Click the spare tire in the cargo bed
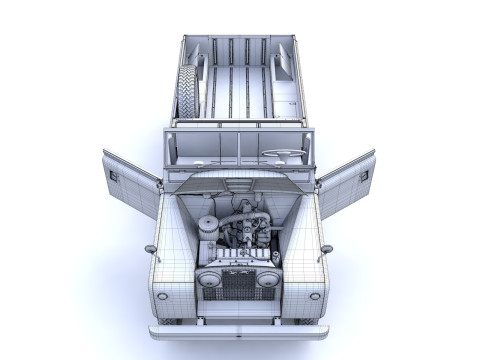[188, 91]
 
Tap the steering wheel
[284, 154]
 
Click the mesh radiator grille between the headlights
[238, 284]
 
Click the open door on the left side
[130, 183]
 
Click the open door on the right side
[347, 182]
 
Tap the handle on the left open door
[114, 176]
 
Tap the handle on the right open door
[362, 175]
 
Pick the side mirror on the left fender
[150, 248]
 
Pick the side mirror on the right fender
[326, 248]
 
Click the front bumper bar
[238, 331]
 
